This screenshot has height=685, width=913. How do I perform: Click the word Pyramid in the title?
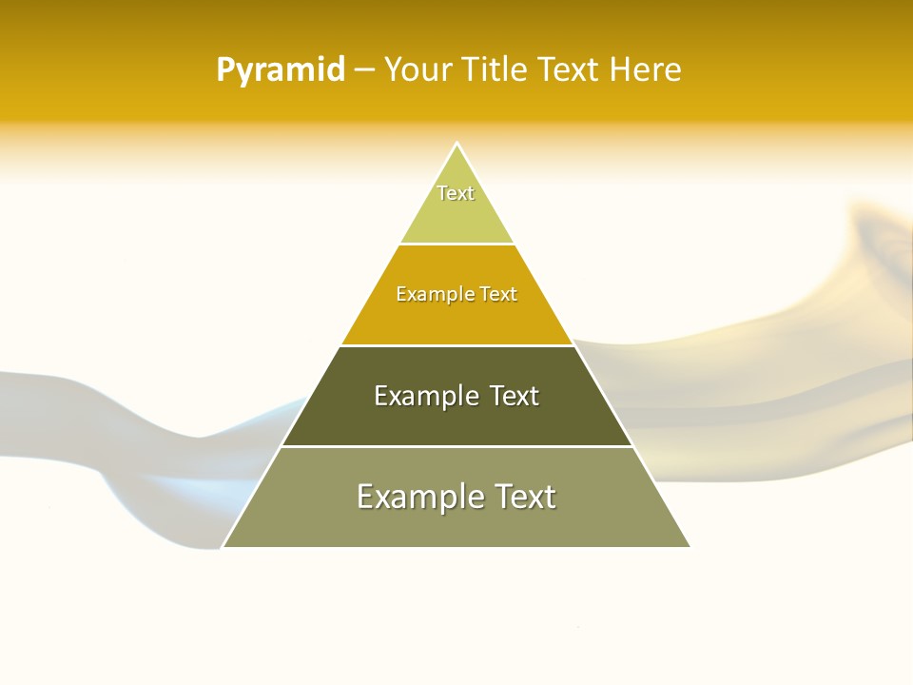click(280, 70)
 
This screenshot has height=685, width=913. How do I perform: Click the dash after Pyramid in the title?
click(364, 71)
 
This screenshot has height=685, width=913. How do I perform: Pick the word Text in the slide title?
click(569, 70)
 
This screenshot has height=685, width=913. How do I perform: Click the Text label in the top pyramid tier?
click(456, 193)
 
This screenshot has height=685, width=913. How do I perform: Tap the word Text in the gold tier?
click(498, 295)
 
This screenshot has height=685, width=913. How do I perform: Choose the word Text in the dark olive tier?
click(514, 396)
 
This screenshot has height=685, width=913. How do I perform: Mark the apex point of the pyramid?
click(456, 144)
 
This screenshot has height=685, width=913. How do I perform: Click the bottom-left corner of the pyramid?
click(223, 547)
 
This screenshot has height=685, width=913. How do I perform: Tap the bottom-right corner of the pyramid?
click(690, 547)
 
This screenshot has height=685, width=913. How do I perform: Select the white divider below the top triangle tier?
click(456, 245)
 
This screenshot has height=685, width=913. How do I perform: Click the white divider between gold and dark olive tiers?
click(456, 345)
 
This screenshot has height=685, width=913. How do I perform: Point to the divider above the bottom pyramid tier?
click(456, 446)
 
